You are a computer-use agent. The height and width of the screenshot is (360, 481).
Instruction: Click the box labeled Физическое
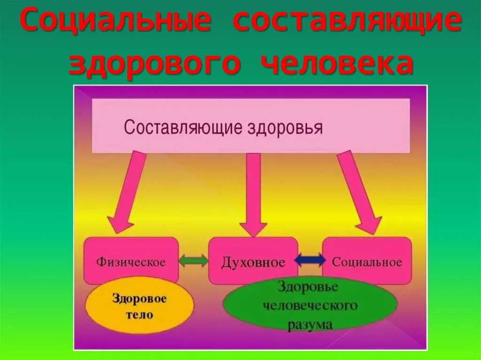pyautogui.click(x=131, y=261)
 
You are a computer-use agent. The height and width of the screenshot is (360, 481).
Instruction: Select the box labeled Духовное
pyautogui.click(x=253, y=261)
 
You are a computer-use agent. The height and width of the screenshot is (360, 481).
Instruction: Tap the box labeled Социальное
pyautogui.click(x=367, y=261)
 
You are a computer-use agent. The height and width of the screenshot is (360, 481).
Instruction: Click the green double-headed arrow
pyautogui.click(x=194, y=261)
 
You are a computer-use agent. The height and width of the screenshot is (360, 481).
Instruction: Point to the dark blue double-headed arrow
pyautogui.click(x=310, y=260)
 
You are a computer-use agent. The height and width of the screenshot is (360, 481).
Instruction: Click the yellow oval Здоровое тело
pyautogui.click(x=139, y=306)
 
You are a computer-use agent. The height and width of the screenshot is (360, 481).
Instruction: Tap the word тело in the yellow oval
pyautogui.click(x=140, y=314)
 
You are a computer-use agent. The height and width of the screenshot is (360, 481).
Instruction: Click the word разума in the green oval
pyautogui.click(x=310, y=324)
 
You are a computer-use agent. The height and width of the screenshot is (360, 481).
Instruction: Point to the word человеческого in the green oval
pyautogui.click(x=310, y=306)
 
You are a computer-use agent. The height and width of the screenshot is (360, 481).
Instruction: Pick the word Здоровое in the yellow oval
pyautogui.click(x=140, y=299)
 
